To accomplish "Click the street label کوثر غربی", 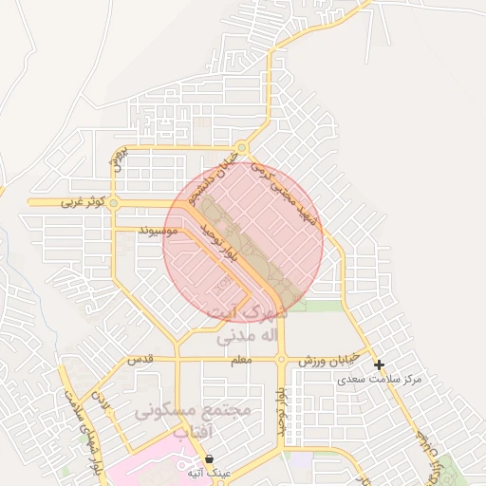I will click(82, 202).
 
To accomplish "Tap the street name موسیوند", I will click(158, 230).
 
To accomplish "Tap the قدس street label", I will click(140, 361).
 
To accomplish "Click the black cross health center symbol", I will click(379, 364).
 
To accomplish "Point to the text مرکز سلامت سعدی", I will click(382, 380).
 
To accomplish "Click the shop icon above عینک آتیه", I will click(209, 458).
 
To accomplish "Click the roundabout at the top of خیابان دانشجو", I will click(242, 147).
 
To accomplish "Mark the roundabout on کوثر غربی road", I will click(113, 202).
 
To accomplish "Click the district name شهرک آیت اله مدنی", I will click(252, 323).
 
